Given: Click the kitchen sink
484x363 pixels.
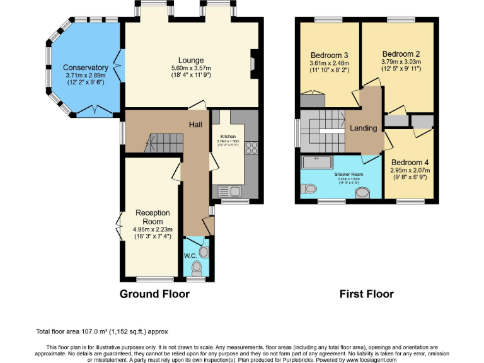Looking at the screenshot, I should pyautogui.click(x=226, y=191).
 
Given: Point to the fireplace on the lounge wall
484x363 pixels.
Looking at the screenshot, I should pyautogui.click(x=253, y=63).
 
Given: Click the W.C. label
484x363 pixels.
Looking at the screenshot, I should pyautogui.click(x=191, y=256).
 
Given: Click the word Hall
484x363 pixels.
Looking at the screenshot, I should pyautogui.click(x=195, y=124).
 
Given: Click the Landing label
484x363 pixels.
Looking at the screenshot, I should pyautogui.click(x=364, y=128).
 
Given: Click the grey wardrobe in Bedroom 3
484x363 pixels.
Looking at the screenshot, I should pyautogui.click(x=313, y=101).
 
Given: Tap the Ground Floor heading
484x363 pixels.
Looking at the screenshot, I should pyautogui.click(x=154, y=294).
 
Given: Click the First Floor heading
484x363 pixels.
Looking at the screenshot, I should pyautogui.click(x=366, y=294).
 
